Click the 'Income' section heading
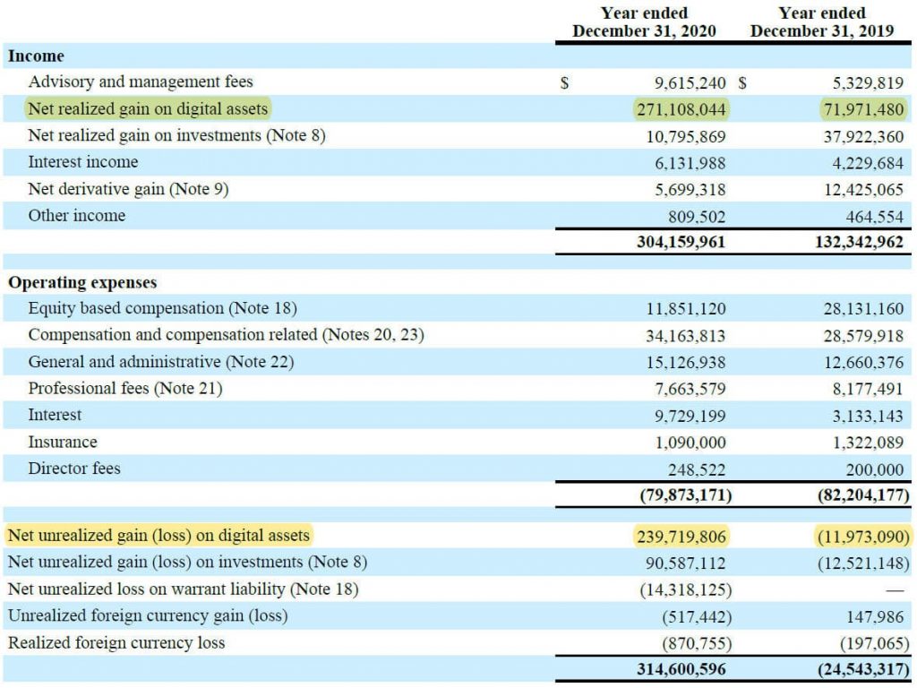[x=36, y=56]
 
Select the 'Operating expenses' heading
[x=82, y=282]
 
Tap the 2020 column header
[x=645, y=22]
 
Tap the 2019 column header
[x=822, y=22]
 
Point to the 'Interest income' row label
[x=83, y=162]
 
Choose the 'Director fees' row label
[x=74, y=469]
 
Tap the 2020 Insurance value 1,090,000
[x=685, y=443]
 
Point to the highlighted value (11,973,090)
[x=862, y=537]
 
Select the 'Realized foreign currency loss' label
[x=116, y=643]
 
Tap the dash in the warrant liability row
[x=894, y=590]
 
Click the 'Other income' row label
[x=77, y=216]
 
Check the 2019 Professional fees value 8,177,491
[x=864, y=389]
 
